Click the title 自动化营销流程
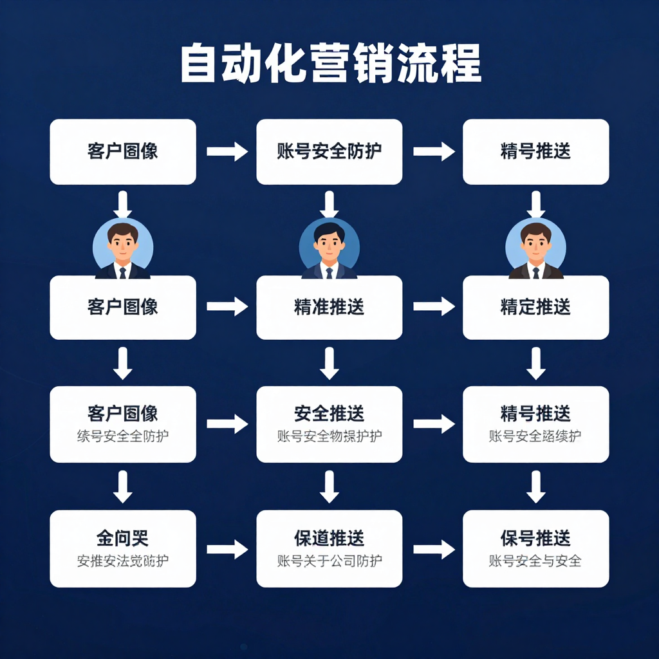click(329, 63)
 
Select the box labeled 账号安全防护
click(329, 152)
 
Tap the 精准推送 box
click(329, 307)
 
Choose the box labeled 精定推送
click(535, 307)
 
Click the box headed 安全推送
click(329, 423)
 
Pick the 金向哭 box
click(122, 548)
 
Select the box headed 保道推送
click(329, 548)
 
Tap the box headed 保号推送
click(535, 548)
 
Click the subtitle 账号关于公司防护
click(329, 561)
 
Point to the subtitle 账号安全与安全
click(535, 561)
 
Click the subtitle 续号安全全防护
click(122, 436)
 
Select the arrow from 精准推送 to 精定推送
click(433, 307)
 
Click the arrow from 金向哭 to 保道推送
click(227, 549)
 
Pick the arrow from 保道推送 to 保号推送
click(433, 549)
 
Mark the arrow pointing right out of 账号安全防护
click(433, 152)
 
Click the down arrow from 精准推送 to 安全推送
click(329, 364)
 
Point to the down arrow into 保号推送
click(535, 487)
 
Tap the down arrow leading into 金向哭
click(122, 487)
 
